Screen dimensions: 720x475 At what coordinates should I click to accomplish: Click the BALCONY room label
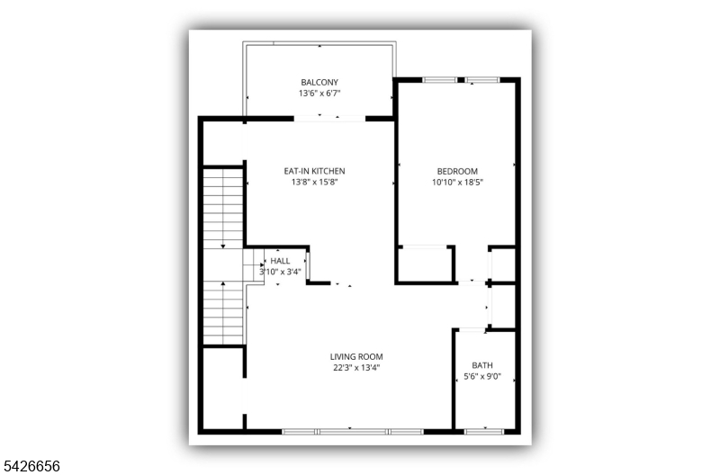319,83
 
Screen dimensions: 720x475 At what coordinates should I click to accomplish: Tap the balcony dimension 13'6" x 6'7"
319,94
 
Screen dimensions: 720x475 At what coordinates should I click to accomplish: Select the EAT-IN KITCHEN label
314,171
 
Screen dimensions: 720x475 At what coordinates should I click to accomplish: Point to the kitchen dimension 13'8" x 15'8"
314,183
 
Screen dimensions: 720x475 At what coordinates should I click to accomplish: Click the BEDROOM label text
457,172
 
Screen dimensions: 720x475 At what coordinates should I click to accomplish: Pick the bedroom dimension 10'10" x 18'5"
457,183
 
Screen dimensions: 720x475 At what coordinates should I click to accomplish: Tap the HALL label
280,261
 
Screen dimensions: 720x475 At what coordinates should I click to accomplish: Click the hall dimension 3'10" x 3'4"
280,272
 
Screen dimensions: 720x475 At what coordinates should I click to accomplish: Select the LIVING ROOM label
356,356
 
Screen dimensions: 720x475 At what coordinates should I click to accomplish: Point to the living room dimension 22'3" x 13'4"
356,368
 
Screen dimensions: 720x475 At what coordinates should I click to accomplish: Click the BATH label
482,365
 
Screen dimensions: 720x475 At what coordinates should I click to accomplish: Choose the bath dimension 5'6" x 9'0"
482,377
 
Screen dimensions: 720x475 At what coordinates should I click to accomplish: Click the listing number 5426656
31,466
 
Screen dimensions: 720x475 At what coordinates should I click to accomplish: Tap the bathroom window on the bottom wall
484,432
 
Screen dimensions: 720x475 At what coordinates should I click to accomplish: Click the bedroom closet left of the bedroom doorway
425,264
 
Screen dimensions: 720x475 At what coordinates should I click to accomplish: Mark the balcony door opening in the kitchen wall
329,119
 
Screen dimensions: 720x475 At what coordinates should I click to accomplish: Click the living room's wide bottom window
352,432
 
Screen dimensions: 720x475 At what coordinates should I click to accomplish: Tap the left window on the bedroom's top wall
439,80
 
